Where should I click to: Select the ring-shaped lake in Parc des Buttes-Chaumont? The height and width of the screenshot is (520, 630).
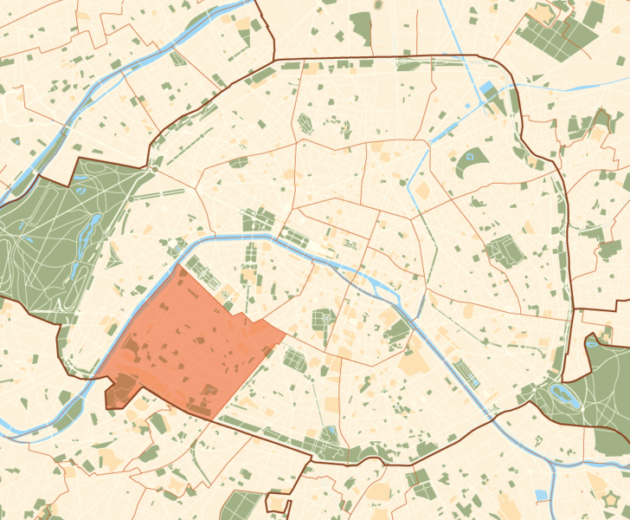tap(472, 159)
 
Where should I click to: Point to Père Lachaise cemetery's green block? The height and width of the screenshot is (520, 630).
tap(500, 251)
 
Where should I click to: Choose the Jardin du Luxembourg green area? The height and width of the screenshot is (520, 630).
tap(323, 321)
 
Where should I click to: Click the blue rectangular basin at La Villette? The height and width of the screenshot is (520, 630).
tap(486, 88)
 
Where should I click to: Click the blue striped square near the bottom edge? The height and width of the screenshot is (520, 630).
tap(543, 495)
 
